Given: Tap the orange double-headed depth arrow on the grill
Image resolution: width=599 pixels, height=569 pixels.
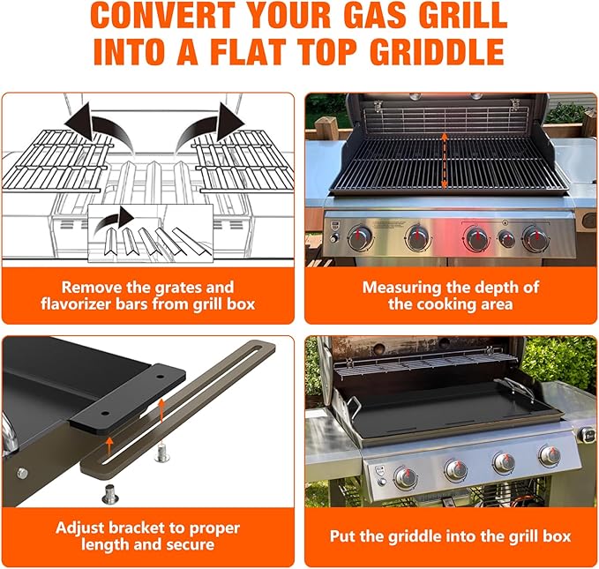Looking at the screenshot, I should (445, 161).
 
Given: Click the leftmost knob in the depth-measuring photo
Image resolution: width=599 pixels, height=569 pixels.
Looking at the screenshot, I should (360, 238).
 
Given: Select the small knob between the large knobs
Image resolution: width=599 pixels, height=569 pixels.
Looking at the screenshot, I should (506, 238).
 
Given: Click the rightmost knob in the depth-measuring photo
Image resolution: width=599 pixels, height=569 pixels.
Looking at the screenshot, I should (534, 238).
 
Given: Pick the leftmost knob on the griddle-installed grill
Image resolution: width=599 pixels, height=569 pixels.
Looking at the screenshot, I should (405, 477).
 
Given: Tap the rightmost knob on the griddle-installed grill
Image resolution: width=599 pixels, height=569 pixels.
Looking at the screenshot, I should (550, 456).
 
